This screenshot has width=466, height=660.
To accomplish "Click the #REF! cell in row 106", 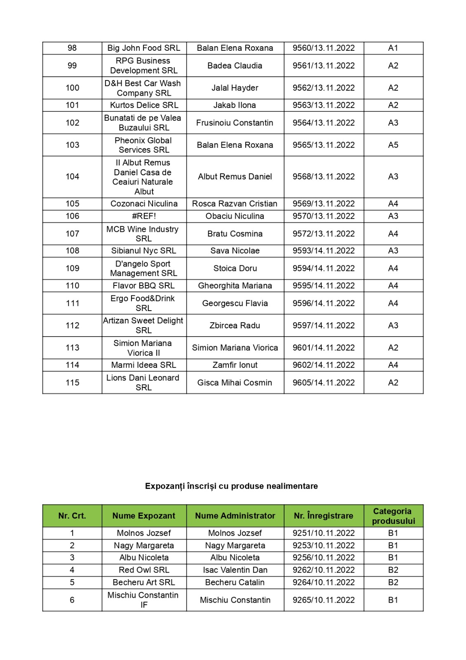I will click(144, 216).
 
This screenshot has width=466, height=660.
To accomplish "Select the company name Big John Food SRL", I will click(144, 48).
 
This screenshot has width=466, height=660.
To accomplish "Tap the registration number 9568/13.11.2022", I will click(324, 177).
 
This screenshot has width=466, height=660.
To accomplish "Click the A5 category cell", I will click(393, 145).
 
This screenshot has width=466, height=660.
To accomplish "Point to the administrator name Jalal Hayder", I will click(235, 88).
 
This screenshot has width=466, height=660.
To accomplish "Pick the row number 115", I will click(72, 382).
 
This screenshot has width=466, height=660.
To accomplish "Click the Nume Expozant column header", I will click(144, 516).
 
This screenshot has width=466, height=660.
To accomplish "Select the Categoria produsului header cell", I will click(393, 516).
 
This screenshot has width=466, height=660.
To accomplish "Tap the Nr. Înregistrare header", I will click(324, 516).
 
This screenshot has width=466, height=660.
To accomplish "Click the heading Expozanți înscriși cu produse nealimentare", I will click(231, 486).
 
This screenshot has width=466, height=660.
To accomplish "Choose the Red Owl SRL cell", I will click(144, 570).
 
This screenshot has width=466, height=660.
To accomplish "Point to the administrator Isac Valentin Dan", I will click(235, 570).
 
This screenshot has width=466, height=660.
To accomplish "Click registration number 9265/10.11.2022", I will click(324, 600).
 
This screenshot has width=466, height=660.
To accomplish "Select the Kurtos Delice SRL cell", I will click(144, 105).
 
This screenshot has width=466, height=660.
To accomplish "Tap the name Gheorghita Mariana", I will click(235, 285).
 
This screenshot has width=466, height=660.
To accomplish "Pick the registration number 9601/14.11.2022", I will click(324, 348).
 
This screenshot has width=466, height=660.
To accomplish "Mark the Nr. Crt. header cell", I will click(72, 516).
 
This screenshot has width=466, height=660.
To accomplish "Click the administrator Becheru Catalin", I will click(235, 582).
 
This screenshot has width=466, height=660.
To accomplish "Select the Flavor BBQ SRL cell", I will click(144, 285).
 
